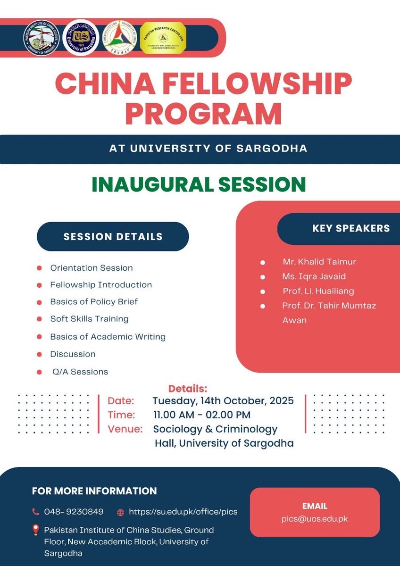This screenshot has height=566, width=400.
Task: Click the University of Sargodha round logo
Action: pos(81,38)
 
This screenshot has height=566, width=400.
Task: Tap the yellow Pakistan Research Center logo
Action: pos(163,38)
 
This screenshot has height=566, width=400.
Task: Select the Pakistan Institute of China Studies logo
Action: pos(42,38)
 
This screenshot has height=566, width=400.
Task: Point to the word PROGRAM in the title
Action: pos(203,114)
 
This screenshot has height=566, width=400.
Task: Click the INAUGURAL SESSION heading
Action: pos(199,184)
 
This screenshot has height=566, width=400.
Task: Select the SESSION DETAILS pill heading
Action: pos(113,237)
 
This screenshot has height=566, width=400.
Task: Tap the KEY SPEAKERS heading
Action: pos(351,228)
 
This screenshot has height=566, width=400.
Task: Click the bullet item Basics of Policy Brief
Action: pos(94,301)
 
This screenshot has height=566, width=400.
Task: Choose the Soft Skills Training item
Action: pos(89,319)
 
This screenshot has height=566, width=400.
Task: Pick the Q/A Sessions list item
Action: pos(80,372)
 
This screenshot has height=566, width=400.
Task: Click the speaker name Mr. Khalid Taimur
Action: pos(316,262)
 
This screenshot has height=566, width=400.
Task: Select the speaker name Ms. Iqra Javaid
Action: pos(314,276)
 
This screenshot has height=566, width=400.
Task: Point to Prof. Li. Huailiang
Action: pos(318,291)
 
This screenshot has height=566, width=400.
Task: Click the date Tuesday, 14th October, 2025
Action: pos(223,401)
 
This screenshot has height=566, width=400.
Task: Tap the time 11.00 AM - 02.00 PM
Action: pos(202,415)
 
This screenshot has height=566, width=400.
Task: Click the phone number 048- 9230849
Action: pos(74,512)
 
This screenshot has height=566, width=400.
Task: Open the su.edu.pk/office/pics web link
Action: pos(183,512)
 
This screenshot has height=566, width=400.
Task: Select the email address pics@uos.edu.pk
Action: pos(315,518)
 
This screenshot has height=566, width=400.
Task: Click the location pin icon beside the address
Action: pos(35,530)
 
